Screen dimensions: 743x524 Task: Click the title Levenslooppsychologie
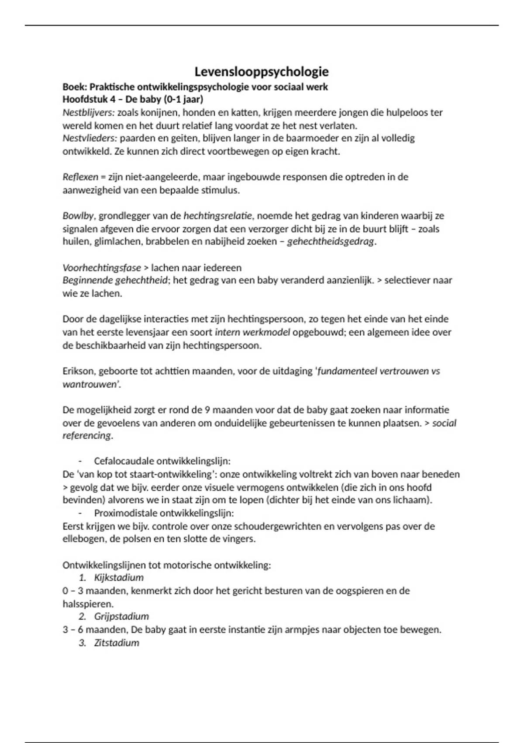coord(261,72)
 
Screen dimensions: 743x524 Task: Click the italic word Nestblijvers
coord(88,113)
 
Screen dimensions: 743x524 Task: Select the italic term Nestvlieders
coord(90,139)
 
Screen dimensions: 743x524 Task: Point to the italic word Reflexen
coord(80,177)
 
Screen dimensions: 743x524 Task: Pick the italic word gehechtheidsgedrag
coord(330,242)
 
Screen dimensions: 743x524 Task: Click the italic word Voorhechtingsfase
coord(101,267)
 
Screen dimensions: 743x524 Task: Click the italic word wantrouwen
coord(90,384)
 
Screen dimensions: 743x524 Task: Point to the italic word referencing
coord(86,436)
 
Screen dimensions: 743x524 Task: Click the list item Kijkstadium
coord(119,578)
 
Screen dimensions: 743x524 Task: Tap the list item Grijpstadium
coord(121,617)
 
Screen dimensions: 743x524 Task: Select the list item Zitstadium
coord(117,643)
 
